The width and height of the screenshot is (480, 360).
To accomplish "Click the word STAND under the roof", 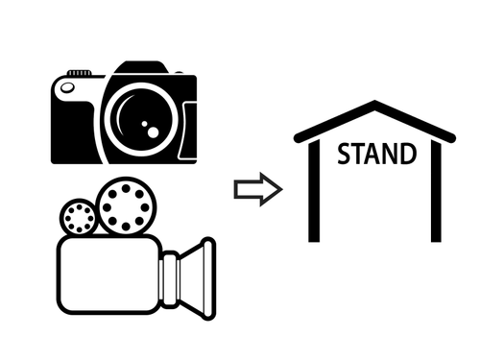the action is click(x=377, y=154).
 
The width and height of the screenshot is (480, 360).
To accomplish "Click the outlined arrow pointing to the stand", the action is click(x=258, y=189).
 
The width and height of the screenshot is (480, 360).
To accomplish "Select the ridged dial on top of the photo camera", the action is click(x=79, y=73).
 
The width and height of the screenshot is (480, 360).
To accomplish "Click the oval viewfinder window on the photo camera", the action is click(x=67, y=87).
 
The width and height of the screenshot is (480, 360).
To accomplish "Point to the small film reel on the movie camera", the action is click(x=79, y=218).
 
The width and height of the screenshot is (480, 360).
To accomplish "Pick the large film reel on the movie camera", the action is click(x=126, y=207).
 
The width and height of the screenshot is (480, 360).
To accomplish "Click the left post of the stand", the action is click(x=314, y=191).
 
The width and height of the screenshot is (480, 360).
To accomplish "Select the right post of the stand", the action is click(x=436, y=191).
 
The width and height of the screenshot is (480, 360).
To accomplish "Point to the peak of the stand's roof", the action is click(x=374, y=103).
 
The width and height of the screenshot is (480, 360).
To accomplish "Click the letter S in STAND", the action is click(x=344, y=154).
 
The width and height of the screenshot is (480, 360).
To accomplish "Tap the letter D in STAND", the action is click(x=409, y=154).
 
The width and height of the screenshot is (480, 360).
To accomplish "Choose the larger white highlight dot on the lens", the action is click(x=154, y=132).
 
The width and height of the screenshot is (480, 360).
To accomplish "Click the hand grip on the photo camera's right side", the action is click(x=188, y=131).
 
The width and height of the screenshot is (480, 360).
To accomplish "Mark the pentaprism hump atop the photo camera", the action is click(x=141, y=67).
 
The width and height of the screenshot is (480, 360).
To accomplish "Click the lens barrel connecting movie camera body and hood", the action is click(x=170, y=279).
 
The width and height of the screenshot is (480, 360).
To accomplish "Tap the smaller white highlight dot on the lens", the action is click(x=145, y=124).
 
